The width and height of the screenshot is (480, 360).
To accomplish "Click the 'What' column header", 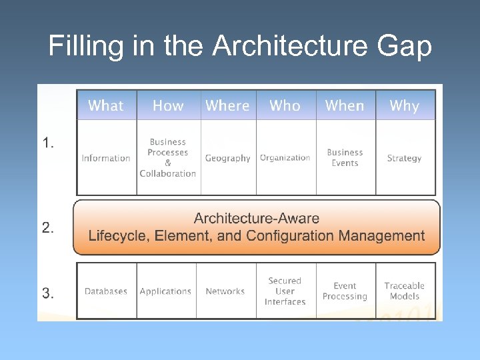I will click(x=106, y=105).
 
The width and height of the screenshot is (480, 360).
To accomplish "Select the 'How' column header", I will click(x=168, y=105).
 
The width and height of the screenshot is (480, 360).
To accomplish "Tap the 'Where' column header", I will click(x=227, y=105).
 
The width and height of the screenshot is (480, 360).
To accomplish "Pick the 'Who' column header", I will click(x=285, y=105).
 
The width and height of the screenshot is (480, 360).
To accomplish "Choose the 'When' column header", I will click(x=345, y=105).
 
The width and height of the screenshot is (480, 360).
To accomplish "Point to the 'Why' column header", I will click(x=404, y=105).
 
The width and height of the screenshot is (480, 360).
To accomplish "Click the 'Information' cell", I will click(x=106, y=158).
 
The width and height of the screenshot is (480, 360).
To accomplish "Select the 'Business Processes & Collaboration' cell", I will click(x=168, y=157).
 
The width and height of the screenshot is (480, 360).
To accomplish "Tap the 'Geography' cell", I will click(x=227, y=158).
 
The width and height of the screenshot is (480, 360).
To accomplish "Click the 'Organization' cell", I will click(x=285, y=158).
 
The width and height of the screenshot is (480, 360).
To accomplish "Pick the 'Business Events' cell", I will click(x=345, y=157).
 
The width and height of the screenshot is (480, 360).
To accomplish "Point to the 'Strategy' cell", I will click(x=404, y=158).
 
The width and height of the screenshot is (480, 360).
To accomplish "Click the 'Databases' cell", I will click(x=106, y=291).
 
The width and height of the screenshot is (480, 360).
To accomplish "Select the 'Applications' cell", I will click(x=165, y=291).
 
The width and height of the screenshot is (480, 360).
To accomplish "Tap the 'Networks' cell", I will click(x=225, y=291).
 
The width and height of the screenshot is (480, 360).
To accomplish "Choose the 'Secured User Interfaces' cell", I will click(x=285, y=291).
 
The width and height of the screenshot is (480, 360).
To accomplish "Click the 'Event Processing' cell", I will click(x=345, y=291).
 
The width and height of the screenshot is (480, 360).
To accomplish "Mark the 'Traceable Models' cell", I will click(x=404, y=291).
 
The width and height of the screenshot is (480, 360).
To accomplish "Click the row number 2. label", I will click(x=48, y=227).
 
